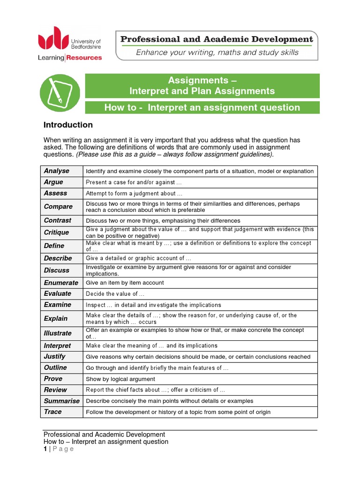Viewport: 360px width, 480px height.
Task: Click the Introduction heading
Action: (68, 125)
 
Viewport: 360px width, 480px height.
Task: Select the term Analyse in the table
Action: (56, 171)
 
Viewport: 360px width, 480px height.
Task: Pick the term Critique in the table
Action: (56, 232)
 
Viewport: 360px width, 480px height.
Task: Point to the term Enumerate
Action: (61, 283)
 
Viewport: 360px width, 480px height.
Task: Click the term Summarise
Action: (62, 401)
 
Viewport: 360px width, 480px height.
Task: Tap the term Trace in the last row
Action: (52, 412)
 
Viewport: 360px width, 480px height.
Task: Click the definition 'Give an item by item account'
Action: (125, 283)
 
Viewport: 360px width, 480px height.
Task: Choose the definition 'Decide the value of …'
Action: (115, 294)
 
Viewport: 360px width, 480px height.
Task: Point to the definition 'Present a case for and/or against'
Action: (134, 182)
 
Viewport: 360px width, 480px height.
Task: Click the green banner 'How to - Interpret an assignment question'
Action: (202, 107)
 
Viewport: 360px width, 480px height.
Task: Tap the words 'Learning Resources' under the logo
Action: (70, 58)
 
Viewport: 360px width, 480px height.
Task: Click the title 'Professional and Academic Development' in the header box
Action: (217, 39)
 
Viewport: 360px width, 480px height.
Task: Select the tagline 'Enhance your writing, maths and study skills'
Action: (217, 52)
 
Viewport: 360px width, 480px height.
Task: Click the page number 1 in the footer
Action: (45, 449)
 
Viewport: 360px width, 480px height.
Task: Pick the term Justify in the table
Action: (55, 357)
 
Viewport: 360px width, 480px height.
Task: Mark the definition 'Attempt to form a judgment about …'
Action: (134, 193)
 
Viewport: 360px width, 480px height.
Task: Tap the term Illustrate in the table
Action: (58, 333)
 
